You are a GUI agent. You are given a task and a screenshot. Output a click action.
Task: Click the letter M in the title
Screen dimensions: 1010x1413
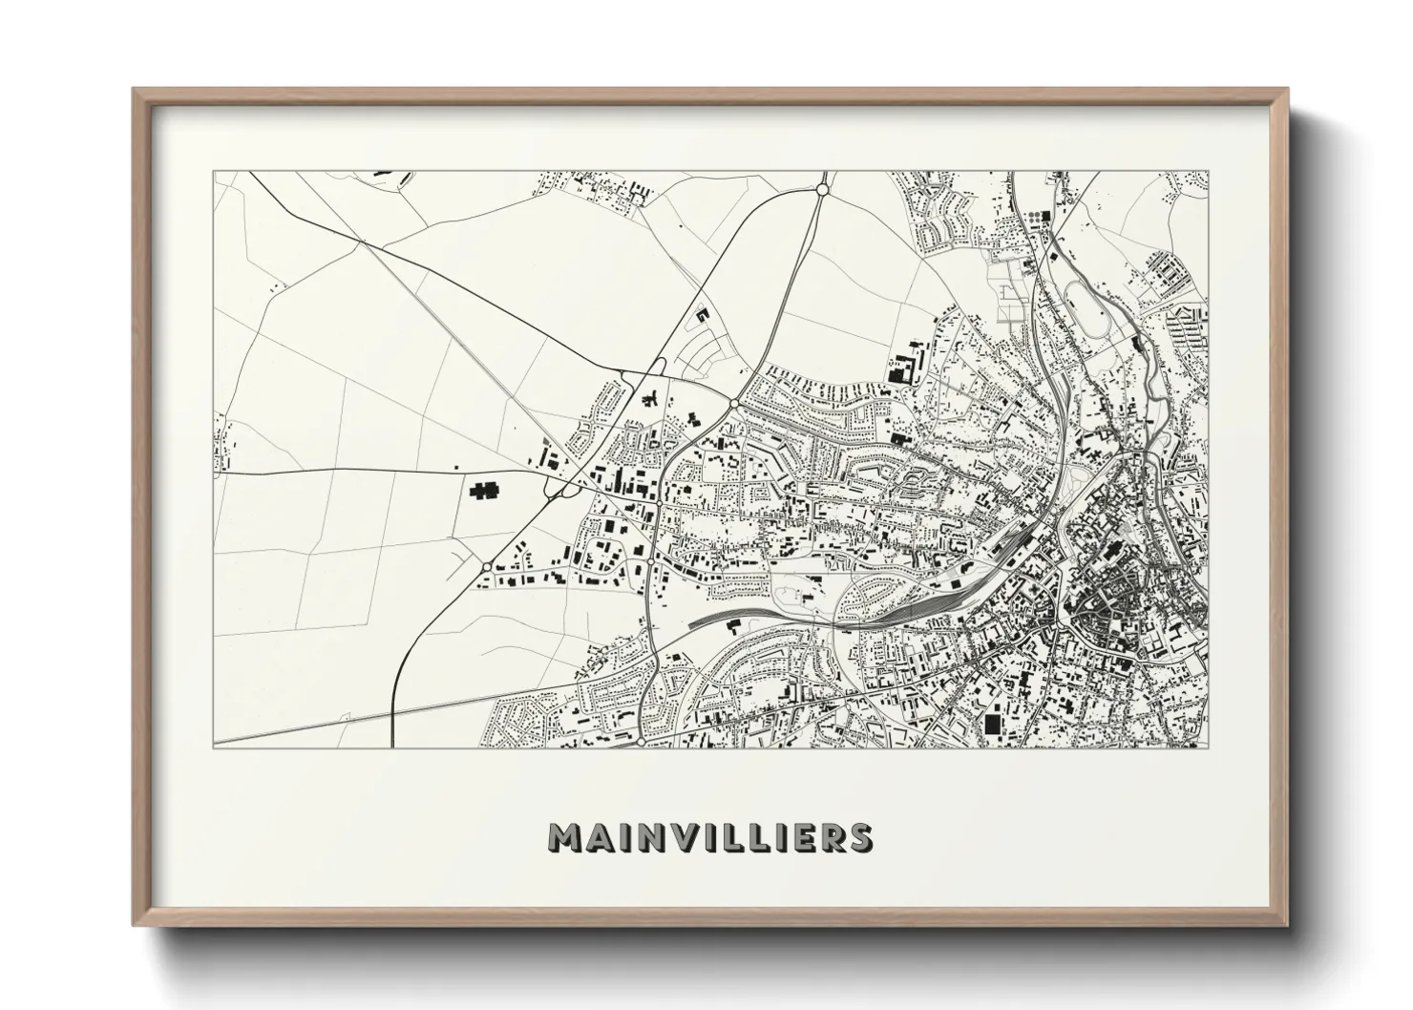coord(565,837)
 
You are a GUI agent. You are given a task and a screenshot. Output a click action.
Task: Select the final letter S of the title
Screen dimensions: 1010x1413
coord(858,837)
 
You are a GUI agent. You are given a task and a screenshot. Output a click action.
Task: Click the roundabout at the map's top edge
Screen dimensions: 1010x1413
coord(821,191)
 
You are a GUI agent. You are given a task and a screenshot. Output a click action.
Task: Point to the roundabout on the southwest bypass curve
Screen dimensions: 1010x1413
coord(487,567)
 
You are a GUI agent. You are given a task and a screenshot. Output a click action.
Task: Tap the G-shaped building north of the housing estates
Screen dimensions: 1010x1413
coord(705,314)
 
